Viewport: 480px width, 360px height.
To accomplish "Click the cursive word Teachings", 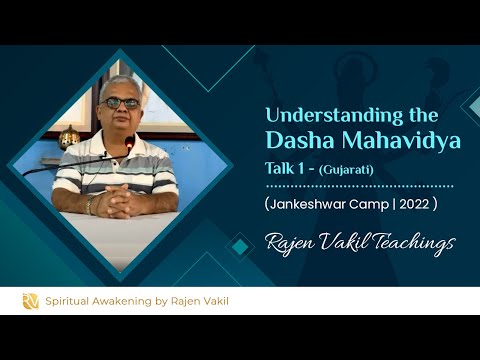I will pyautogui.click(x=406, y=243).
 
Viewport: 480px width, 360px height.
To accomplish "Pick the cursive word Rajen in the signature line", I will pyautogui.click(x=289, y=243).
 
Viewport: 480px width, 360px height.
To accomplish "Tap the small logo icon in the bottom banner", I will pyautogui.click(x=31, y=301).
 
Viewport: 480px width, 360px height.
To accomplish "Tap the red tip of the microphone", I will pyautogui.click(x=130, y=143).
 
